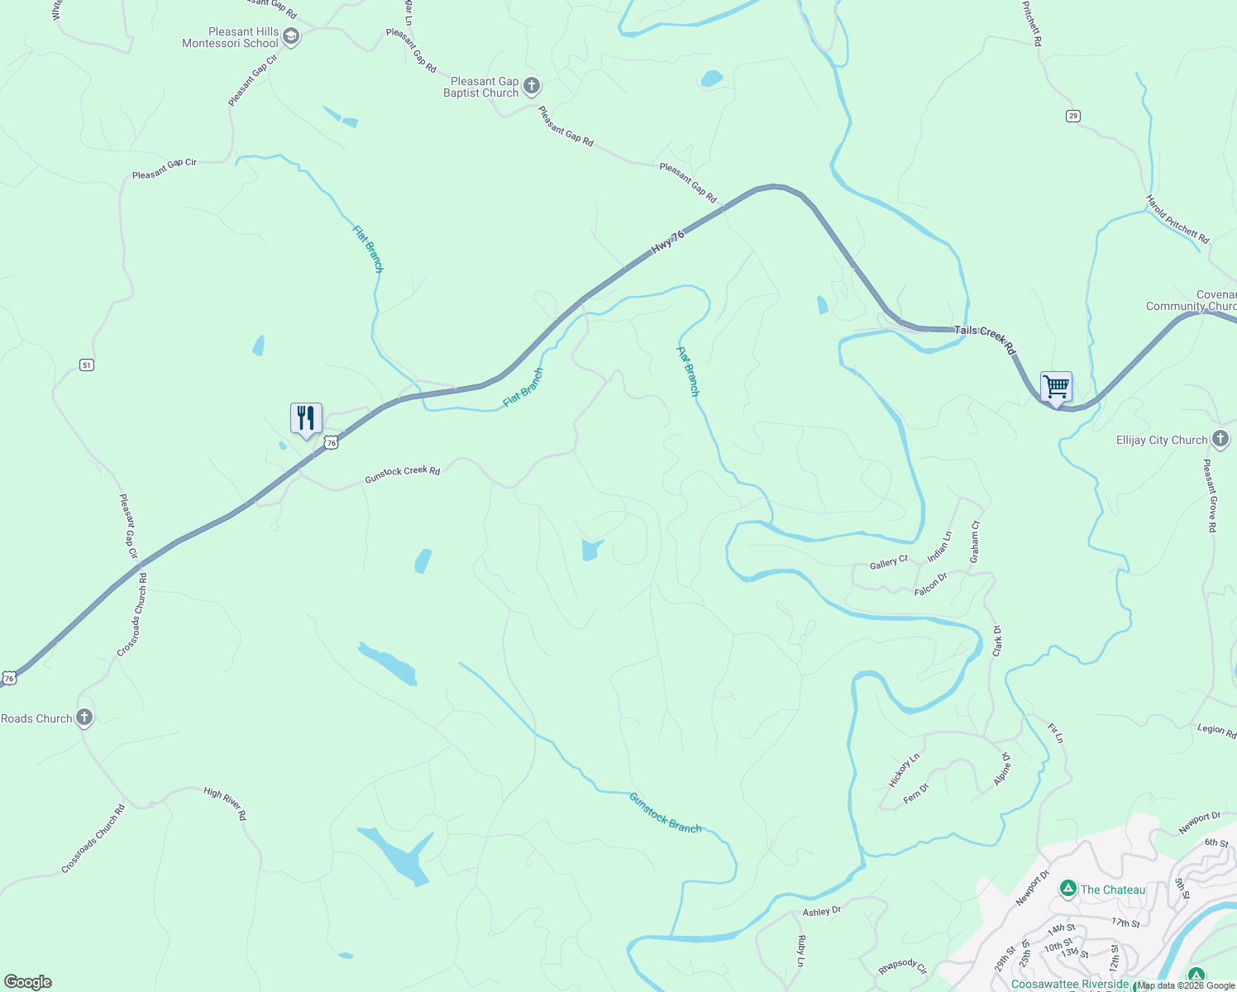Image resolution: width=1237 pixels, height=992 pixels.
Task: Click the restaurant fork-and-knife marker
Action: coord(306,417)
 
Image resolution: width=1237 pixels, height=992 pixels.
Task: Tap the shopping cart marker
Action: coord(1056,386)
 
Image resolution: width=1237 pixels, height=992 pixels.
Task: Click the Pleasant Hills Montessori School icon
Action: coord(290,36)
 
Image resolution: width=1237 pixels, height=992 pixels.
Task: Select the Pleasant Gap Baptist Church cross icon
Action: coord(532,86)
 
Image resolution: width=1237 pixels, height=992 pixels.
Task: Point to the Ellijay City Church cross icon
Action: coord(1220,439)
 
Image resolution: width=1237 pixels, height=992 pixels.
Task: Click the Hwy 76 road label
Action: coord(668,241)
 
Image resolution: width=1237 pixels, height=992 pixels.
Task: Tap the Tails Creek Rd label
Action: coord(984,339)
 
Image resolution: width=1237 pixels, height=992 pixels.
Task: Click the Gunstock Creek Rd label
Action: coord(403,474)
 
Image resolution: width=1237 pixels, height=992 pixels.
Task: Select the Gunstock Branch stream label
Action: coord(665,813)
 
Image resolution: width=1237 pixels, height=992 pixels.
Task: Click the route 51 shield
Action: coord(87,365)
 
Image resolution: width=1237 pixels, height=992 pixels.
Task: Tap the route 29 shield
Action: coord(1073,116)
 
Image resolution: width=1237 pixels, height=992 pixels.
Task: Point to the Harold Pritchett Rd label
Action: coord(1177,219)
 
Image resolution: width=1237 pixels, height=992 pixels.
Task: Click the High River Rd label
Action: coord(225,803)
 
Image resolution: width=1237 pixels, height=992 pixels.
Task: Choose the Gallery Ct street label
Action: coord(889,563)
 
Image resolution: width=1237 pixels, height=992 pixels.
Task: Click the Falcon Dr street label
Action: coord(930,585)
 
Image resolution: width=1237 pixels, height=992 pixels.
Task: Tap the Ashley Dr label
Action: coord(822,911)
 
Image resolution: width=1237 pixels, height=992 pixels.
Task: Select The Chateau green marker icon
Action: coord(1067,889)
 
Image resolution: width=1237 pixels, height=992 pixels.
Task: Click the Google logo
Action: coord(28,982)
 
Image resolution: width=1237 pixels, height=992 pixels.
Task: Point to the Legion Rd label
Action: coord(1216,730)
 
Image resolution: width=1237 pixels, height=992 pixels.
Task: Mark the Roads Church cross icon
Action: coord(84,718)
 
